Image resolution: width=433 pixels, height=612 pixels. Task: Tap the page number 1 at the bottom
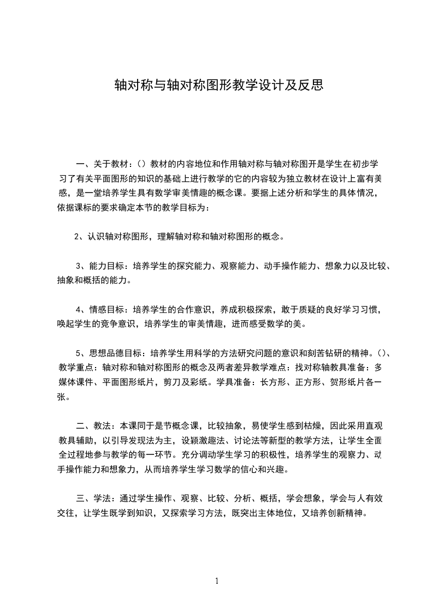pyautogui.click(x=217, y=581)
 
